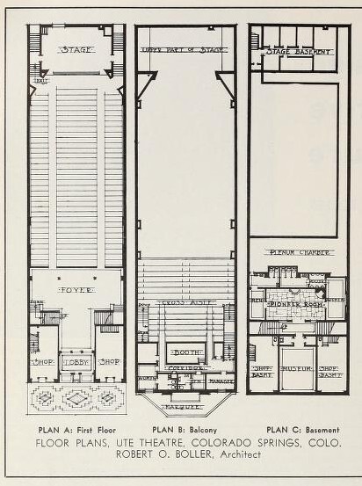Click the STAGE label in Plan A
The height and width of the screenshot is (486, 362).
[x=76, y=50]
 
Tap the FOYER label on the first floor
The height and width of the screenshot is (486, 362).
[x=76, y=289]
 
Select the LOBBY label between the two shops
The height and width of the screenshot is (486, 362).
[x=76, y=361]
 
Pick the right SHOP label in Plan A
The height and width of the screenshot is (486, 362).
[x=110, y=361]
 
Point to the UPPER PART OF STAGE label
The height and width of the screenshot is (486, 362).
[x=184, y=50]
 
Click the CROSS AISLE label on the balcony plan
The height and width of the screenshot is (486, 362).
[x=185, y=303]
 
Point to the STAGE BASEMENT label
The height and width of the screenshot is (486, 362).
[x=290, y=52]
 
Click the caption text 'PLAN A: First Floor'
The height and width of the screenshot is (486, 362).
[x=77, y=430]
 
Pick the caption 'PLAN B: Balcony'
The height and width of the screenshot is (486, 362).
[x=185, y=430]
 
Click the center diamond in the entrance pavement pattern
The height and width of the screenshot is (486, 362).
[x=77, y=398]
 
